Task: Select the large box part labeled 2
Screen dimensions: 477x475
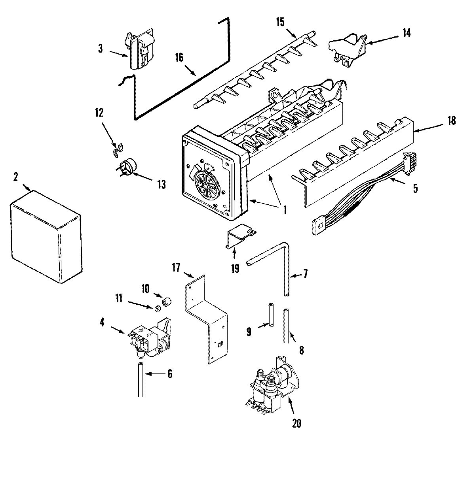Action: [x=46, y=236]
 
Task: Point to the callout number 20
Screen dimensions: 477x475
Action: [x=296, y=423]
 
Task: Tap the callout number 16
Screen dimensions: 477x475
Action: [x=179, y=58]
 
